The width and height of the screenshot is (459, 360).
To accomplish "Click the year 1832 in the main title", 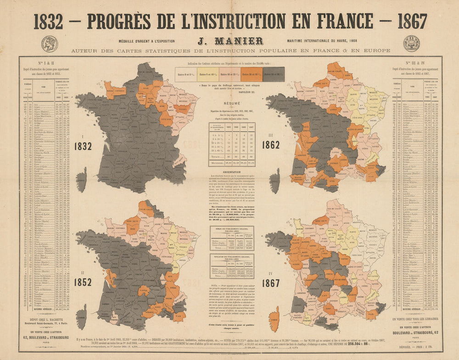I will (48, 21).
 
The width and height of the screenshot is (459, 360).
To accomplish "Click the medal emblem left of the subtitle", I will (49, 43).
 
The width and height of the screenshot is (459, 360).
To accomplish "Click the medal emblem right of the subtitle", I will (411, 43).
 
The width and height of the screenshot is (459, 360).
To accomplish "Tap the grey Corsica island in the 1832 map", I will (82, 179).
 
